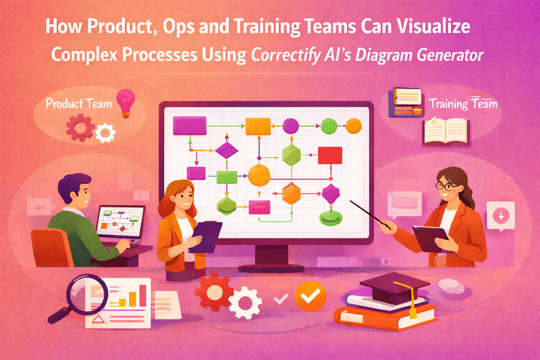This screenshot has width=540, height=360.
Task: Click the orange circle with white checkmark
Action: click(310, 295)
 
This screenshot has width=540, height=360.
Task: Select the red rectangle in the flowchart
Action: click(329, 155)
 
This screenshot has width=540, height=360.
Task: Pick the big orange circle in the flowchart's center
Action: click(259, 175)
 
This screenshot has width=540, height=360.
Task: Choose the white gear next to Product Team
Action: click(105, 133)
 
